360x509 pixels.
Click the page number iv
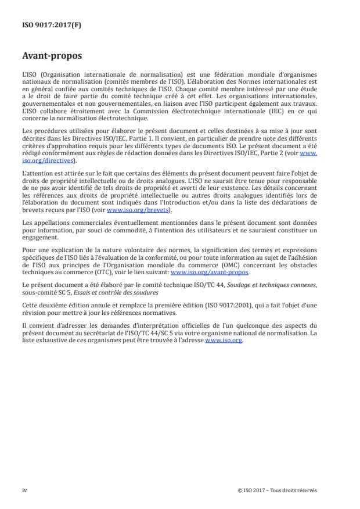click(24, 489)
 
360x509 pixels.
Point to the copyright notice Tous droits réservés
click(291, 489)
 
